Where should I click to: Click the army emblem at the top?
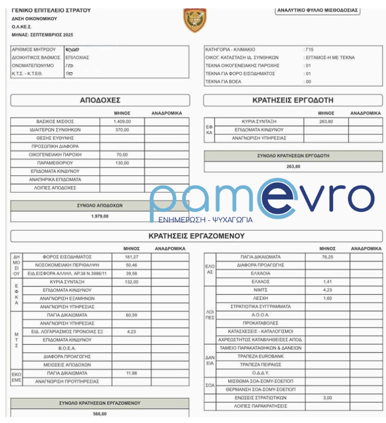coord(194,19)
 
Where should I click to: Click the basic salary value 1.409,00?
coord(122,122)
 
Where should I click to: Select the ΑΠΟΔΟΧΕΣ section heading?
coord(100,100)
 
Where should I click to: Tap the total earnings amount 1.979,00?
coord(100,216)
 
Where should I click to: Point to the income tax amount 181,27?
coord(132,257)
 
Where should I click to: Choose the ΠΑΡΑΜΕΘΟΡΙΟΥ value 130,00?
coord(122,163)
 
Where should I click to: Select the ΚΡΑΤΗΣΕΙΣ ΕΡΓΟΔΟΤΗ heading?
coord(293,100)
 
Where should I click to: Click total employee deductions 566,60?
coord(100,413)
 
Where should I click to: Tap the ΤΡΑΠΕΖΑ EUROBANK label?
coord(260,356)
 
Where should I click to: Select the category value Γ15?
coord(310,49)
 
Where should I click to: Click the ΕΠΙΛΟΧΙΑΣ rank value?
coord(77,57)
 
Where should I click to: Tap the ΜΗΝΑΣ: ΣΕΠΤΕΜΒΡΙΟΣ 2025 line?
coord(43,34)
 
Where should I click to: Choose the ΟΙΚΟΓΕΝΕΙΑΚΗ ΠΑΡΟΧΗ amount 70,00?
coord(122,154)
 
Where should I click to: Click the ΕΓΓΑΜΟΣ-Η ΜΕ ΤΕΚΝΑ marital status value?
coord(330,57)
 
